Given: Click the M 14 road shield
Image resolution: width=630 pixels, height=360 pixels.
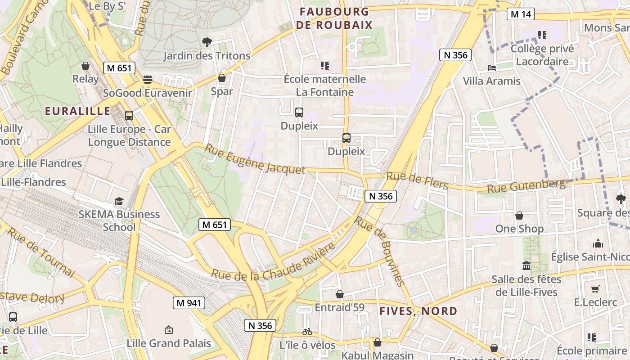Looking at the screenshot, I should [521, 14].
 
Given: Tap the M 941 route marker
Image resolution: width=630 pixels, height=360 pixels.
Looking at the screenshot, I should [189, 303].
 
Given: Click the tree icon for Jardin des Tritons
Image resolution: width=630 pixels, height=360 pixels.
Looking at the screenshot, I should [207, 43].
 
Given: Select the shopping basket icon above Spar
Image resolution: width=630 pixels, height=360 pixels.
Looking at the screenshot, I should [221, 78].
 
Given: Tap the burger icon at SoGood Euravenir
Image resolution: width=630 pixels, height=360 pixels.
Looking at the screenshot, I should [148, 80].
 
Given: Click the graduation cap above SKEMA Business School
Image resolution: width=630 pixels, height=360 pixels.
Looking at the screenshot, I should [119, 201].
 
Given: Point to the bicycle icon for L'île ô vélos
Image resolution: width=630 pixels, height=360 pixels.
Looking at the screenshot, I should [307, 332].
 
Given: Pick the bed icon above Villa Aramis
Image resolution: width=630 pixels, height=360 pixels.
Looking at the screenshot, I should [492, 68].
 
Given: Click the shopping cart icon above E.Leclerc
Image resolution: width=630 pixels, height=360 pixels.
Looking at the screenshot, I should [595, 289].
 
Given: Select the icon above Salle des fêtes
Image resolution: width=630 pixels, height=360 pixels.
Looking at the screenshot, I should [526, 266].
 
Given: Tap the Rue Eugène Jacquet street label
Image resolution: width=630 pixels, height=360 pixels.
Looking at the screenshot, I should [255, 159].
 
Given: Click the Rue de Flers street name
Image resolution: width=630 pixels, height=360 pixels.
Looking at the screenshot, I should [417, 181].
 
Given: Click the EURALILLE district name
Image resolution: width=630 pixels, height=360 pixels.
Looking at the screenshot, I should [77, 111].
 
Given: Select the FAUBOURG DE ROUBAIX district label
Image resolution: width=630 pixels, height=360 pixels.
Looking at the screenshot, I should [335, 18].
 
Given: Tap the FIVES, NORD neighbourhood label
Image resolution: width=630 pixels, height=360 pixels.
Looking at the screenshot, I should [418, 311].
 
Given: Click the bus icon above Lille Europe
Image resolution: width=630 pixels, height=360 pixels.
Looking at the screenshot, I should [129, 116].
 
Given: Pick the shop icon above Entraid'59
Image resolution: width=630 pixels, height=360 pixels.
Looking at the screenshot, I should [340, 294].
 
